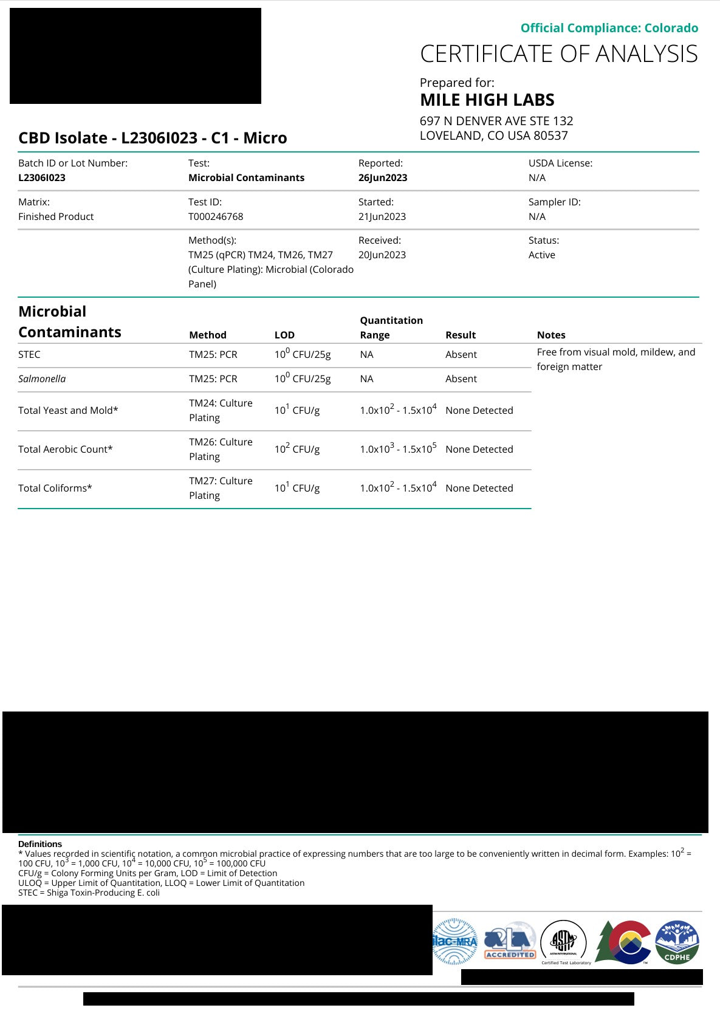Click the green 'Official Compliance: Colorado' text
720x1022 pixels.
point(609,28)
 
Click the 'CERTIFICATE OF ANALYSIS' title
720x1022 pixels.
point(558,54)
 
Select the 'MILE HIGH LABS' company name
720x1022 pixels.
point(487,100)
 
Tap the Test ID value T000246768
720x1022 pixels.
point(216,216)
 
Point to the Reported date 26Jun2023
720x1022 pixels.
point(383,177)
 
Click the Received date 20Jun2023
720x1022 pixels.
point(382,255)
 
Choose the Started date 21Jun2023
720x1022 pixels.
point(382,216)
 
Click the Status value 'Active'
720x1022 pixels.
point(541,255)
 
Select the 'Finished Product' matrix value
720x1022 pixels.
point(56,216)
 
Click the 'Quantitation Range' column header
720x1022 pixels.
point(391,328)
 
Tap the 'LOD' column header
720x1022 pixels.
point(284,335)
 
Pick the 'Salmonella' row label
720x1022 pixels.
point(42,379)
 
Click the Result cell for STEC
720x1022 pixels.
point(461,354)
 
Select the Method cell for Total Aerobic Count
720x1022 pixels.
point(221,449)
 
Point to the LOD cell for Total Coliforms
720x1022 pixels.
point(297,488)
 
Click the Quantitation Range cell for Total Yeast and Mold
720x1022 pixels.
point(398,410)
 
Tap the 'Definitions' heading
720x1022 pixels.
point(40,844)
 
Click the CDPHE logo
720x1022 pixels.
point(677,942)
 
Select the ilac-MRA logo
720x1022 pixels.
point(455,942)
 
